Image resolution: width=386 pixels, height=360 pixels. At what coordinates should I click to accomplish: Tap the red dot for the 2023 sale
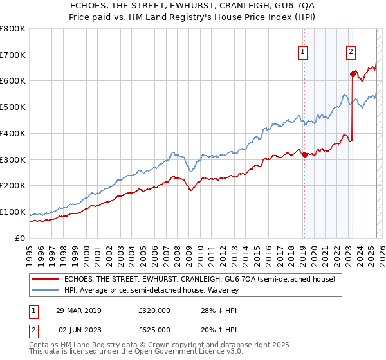(353, 74)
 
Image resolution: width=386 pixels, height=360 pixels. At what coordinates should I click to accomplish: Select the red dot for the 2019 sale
(304, 154)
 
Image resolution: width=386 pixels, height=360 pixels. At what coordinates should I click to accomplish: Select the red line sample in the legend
(46, 280)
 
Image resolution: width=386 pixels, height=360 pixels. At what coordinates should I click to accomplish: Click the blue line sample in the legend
(46, 291)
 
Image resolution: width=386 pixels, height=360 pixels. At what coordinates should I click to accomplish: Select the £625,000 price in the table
(154, 330)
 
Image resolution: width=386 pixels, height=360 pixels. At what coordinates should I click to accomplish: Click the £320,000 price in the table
(154, 310)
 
